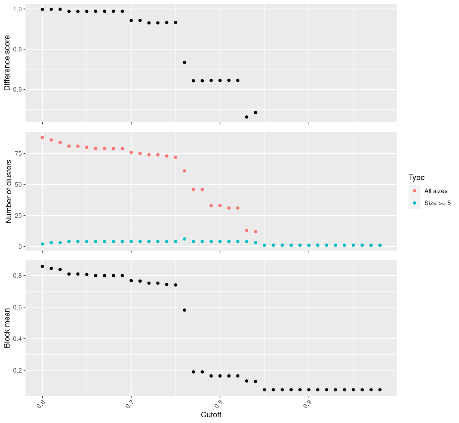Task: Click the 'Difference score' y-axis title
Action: pos(7,63)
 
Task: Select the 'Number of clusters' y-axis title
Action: pos(9,191)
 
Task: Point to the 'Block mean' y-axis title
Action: pos(7,328)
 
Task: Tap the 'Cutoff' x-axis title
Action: pos(211,415)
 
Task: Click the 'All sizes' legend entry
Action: pos(436,191)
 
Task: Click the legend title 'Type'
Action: pos(416,178)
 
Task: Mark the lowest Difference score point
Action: pos(246,117)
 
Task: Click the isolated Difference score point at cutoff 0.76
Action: pos(184,62)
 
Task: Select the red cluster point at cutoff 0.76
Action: pos(184,171)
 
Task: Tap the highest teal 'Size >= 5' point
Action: pos(184,239)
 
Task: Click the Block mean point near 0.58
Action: pos(184,310)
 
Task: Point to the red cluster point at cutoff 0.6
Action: pos(42,137)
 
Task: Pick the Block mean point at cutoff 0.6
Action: pos(42,266)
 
